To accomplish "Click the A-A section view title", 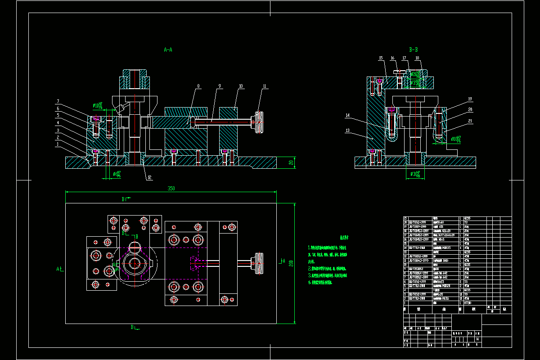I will (x=168, y=50).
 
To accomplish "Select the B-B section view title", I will (x=414, y=50).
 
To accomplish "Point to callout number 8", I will (x=198, y=85).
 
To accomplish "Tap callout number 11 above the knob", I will (x=265, y=85).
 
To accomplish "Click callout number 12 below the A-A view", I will (x=148, y=178).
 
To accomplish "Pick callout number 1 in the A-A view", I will (x=58, y=144).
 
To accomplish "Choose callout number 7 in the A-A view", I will (x=58, y=101).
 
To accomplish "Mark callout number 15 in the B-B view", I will (x=380, y=58).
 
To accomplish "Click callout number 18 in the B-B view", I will (x=417, y=58).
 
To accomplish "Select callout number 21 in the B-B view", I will (x=457, y=120).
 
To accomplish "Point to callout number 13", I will (x=347, y=130).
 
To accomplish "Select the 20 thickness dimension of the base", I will (x=291, y=162).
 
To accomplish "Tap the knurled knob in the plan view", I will (x=259, y=263).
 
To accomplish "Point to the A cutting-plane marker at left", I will (x=59, y=269).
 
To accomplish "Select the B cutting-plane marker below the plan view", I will (x=134, y=327).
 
